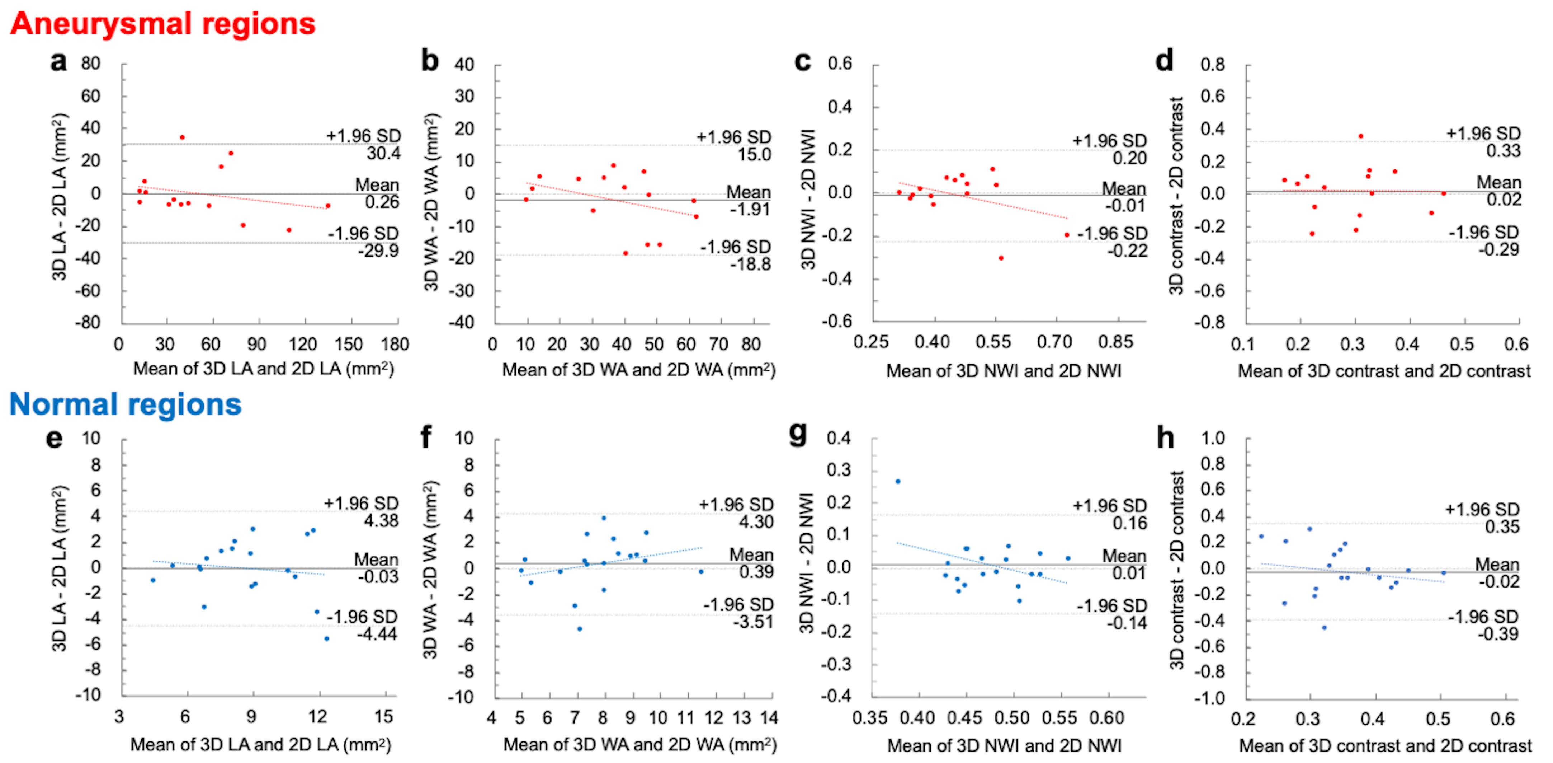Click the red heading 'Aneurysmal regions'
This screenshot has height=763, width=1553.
tap(163, 24)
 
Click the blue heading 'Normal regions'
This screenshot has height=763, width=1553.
tap(126, 404)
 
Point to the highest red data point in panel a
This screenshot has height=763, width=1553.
tap(182, 137)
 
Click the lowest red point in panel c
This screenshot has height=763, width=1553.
tap(1001, 258)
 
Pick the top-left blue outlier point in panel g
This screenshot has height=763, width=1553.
tap(898, 481)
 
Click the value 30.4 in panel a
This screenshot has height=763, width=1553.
tap(383, 153)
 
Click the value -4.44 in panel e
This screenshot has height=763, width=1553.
tap(377, 634)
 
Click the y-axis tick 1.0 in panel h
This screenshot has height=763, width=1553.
tap(1212, 439)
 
